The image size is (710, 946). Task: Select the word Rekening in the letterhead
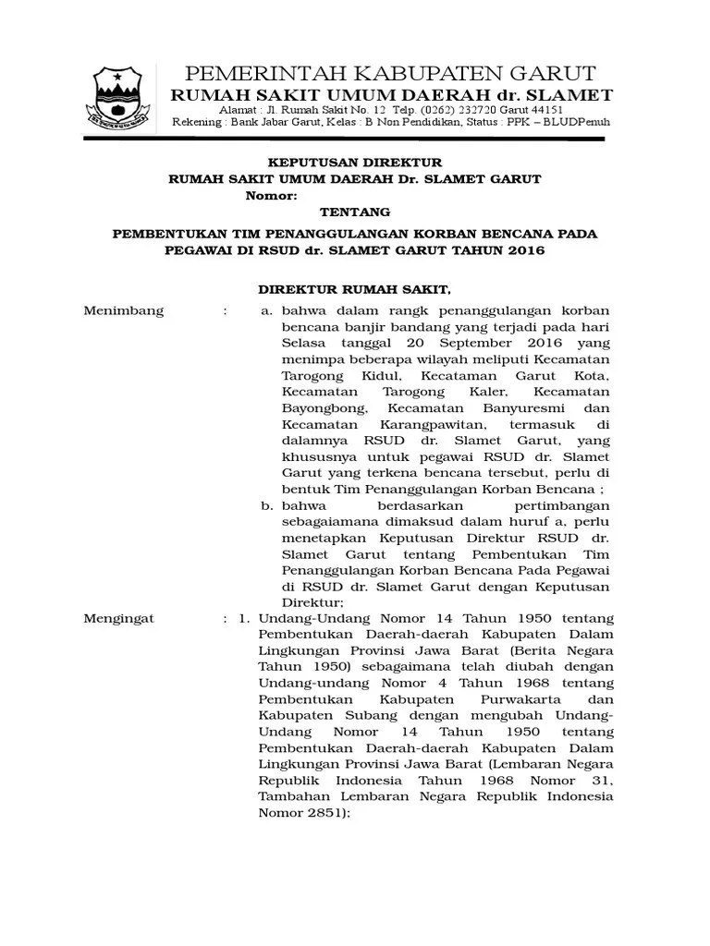pos(197,123)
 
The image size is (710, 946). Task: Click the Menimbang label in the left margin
pos(124,310)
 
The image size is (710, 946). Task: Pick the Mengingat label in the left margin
pos(119,618)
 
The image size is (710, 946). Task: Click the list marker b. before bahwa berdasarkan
pos(266,506)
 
